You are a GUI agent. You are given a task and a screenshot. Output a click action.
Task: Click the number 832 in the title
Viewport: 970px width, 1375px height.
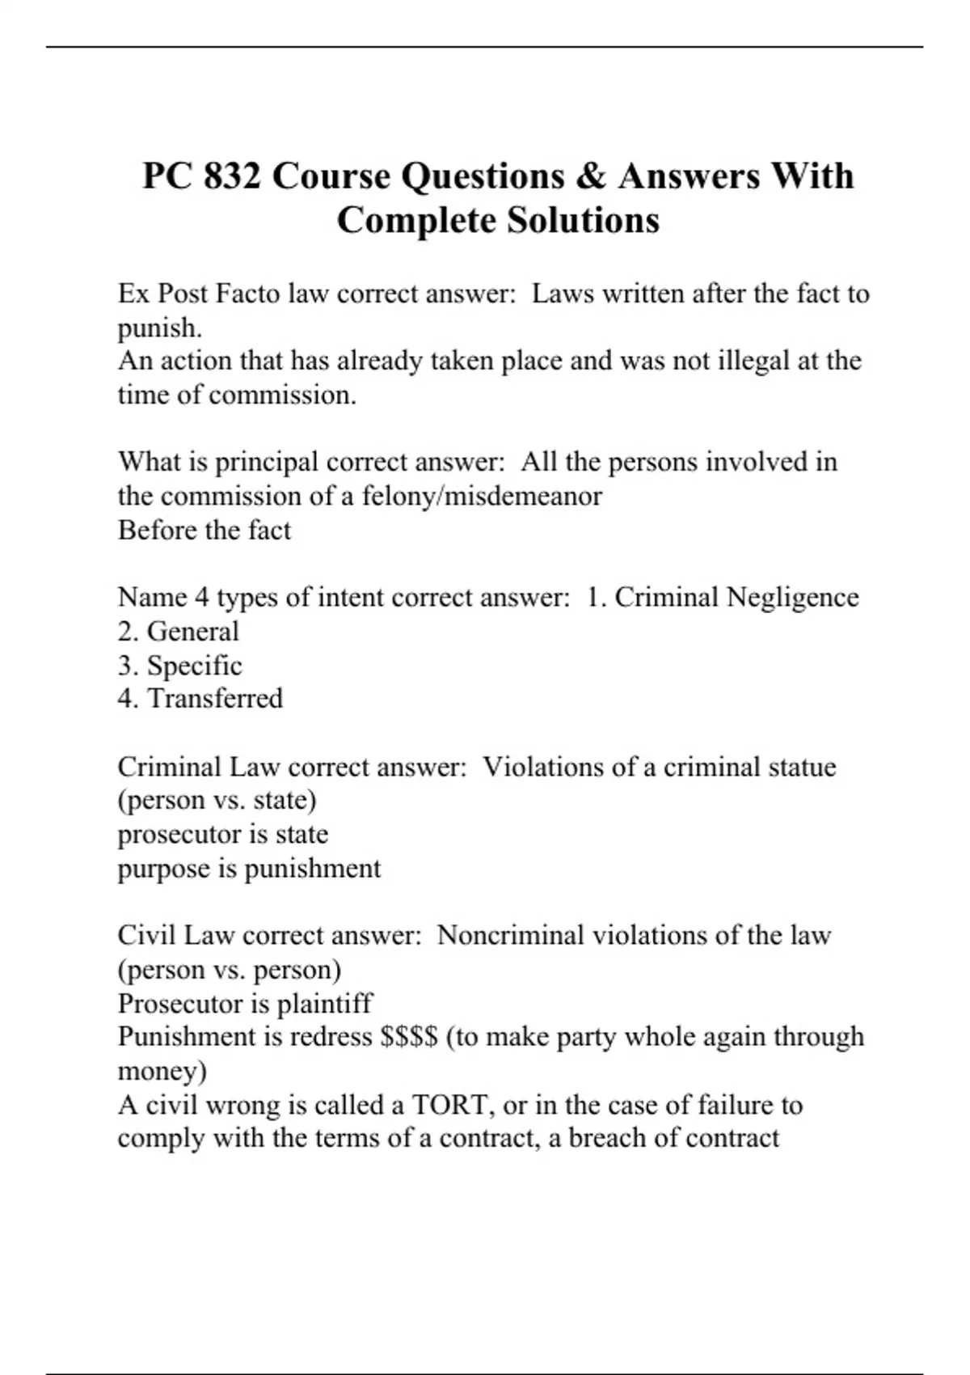[x=232, y=176]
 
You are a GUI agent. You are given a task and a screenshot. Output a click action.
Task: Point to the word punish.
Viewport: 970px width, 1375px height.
[x=159, y=328]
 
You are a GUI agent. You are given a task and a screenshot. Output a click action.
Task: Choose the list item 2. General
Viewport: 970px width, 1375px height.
[x=178, y=632]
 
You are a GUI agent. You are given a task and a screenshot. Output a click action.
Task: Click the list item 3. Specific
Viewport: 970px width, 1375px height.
[x=179, y=666]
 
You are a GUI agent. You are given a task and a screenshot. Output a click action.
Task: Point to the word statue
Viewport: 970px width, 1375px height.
[x=795, y=767]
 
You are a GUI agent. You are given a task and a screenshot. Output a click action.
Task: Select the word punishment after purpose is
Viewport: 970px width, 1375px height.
[x=312, y=869]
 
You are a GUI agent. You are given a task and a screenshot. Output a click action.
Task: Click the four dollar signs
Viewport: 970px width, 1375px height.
[x=408, y=1037]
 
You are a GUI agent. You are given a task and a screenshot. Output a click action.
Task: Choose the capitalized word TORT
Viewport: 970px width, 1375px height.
[x=449, y=1105]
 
